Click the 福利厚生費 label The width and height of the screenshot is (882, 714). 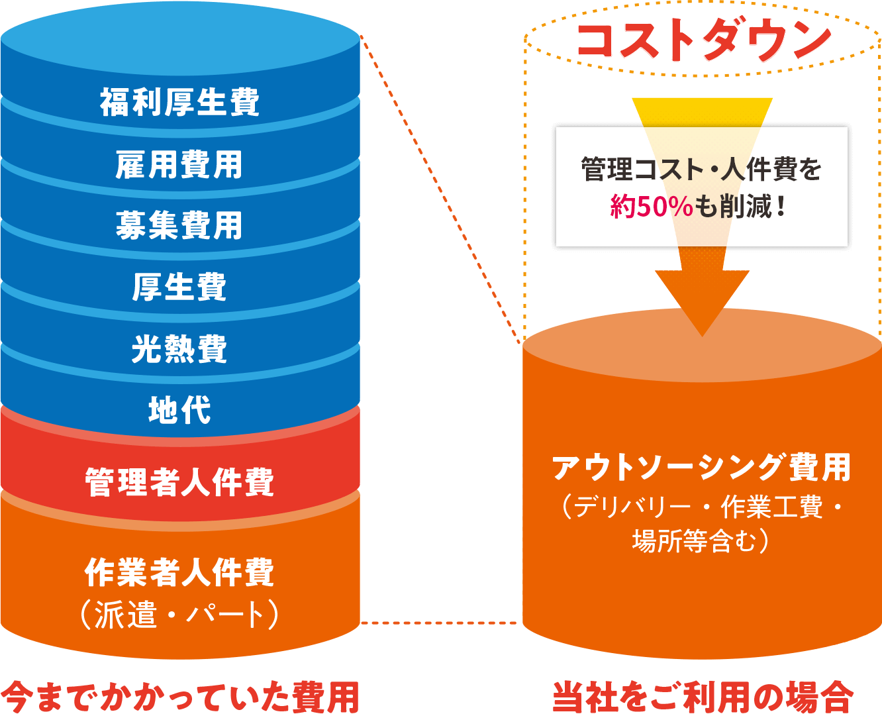pyautogui.click(x=179, y=103)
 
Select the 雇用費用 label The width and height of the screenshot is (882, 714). pyautogui.click(x=179, y=164)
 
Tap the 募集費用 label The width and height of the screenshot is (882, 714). pyautogui.click(x=179, y=225)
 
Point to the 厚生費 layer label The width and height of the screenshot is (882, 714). pyautogui.click(x=179, y=287)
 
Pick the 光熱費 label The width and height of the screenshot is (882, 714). pyautogui.click(x=179, y=348)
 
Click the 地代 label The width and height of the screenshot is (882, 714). pyautogui.click(x=179, y=410)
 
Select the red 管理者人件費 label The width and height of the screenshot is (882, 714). pyautogui.click(x=179, y=482)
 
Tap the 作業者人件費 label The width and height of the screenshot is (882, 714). pyautogui.click(x=179, y=572)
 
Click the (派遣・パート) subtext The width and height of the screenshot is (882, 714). pyautogui.click(x=179, y=615)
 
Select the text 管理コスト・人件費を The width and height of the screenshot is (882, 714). pyautogui.click(x=701, y=170)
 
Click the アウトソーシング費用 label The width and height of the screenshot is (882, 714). pyautogui.click(x=701, y=468)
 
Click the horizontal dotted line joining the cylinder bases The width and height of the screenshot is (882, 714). pyautogui.click(x=441, y=623)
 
